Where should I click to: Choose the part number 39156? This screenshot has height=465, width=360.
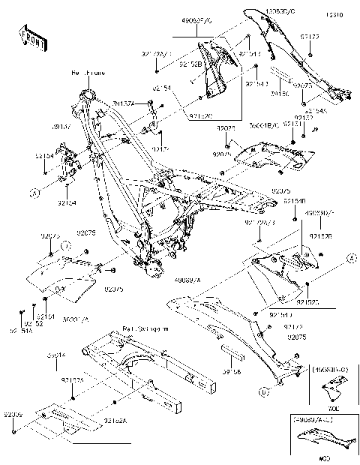click(x=230, y=370)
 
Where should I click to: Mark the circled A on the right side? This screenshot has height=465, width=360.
click(x=349, y=258)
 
